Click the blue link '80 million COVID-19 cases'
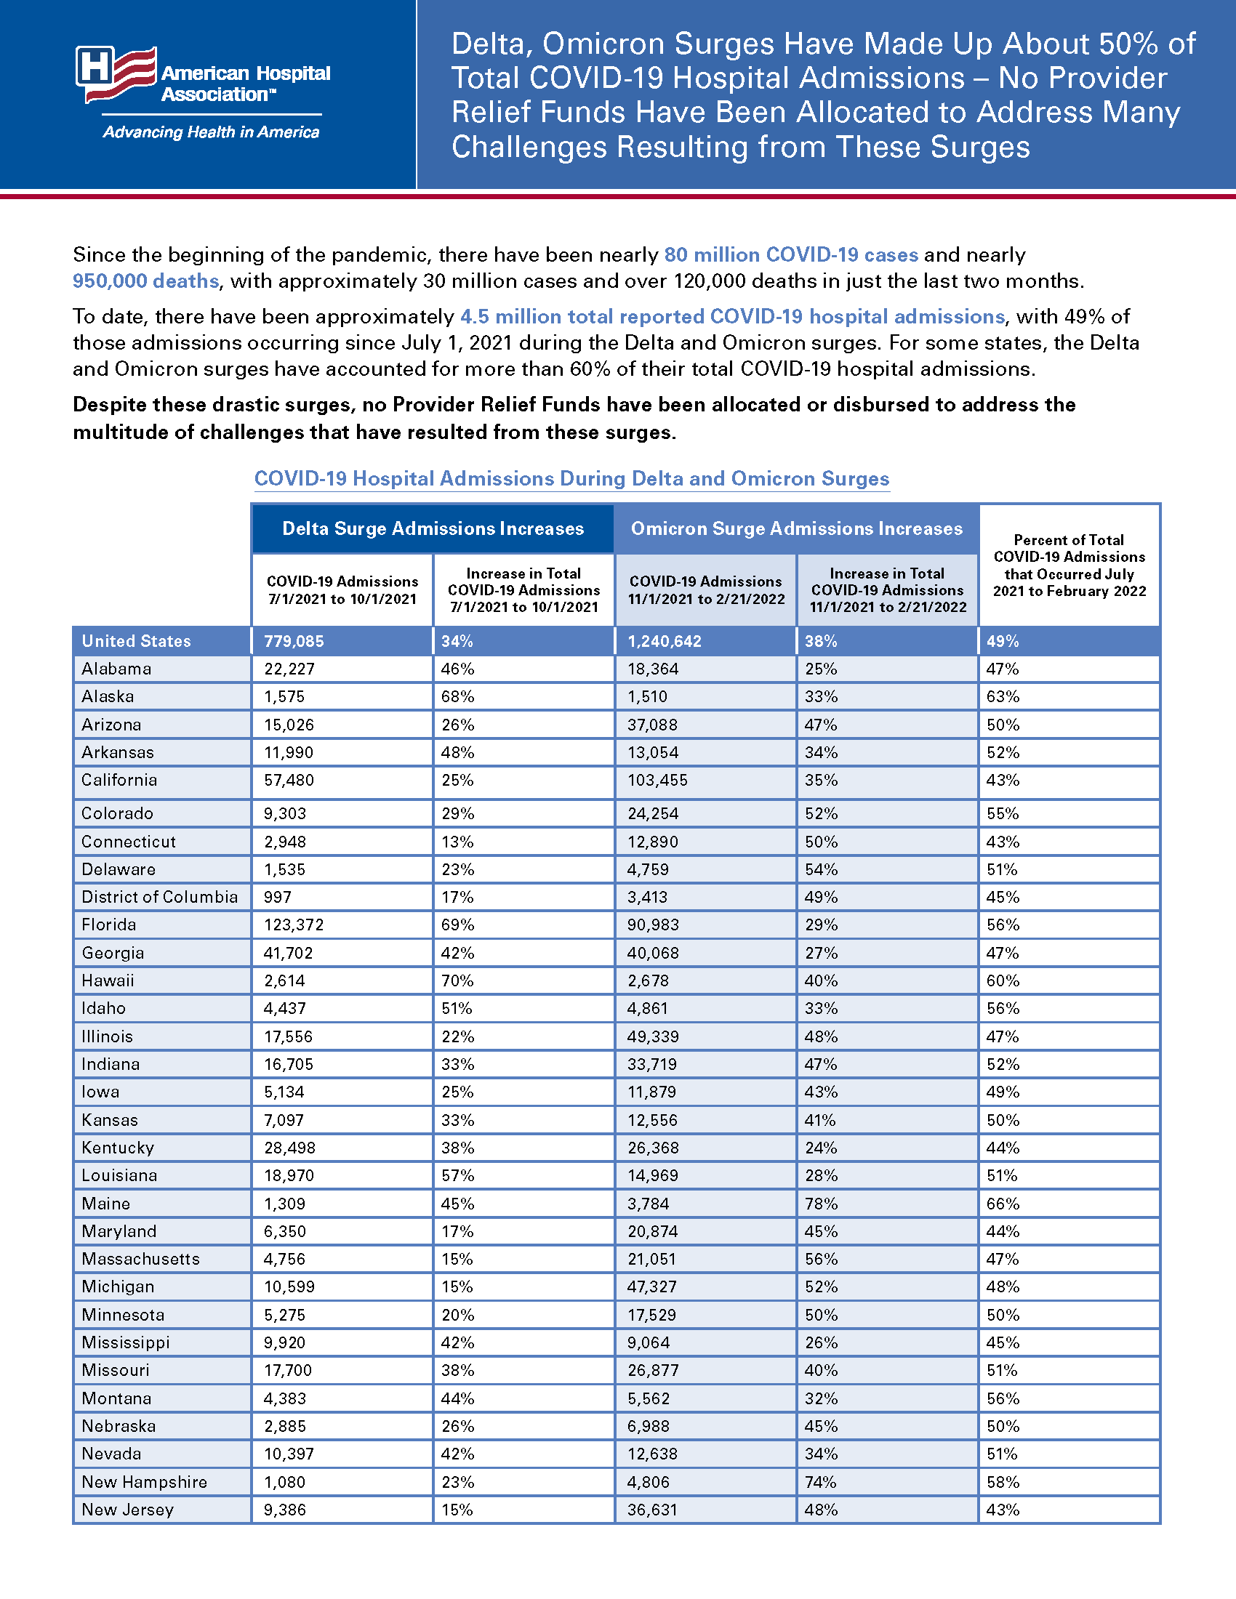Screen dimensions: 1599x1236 pos(791,255)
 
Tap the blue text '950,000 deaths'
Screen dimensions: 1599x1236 pos(145,281)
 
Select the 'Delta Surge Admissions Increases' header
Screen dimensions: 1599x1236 pos(433,528)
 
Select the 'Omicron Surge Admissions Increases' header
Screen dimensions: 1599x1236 pos(797,528)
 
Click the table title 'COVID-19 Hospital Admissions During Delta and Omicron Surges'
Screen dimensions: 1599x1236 pos(571,479)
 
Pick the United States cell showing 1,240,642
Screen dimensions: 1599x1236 pos(664,641)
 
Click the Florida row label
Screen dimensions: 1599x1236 pos(109,925)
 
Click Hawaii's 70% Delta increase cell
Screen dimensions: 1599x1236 pos(457,980)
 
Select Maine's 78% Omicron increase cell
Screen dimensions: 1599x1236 pos(821,1204)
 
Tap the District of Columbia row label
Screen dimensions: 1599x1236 pos(160,897)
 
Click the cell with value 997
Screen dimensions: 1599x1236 pos(278,897)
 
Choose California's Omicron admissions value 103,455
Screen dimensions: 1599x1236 pos(657,781)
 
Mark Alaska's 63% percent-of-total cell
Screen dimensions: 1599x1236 pos(1003,696)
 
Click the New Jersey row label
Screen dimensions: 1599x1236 pos(127,1510)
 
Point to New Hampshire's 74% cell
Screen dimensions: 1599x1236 pos(821,1482)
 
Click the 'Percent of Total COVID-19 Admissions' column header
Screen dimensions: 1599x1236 pos(1069,565)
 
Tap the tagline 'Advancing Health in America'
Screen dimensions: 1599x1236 pos(211,132)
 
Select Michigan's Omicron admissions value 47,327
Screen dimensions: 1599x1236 pos(652,1287)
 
